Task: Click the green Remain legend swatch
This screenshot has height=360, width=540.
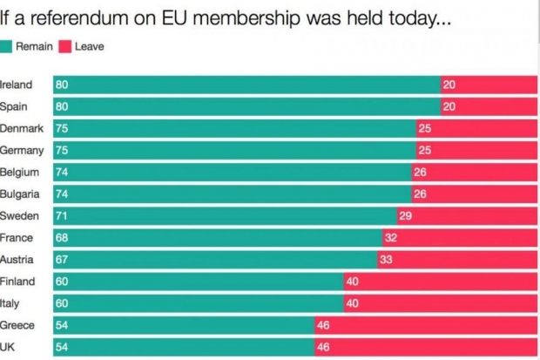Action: click(x=7, y=45)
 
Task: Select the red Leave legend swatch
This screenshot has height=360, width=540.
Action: click(x=65, y=45)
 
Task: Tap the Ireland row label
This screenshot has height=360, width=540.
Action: click(x=17, y=85)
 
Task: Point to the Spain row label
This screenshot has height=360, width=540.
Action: click(x=15, y=106)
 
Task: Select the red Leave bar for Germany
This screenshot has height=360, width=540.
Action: click(x=477, y=150)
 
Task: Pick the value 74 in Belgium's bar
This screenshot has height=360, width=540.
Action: click(x=62, y=172)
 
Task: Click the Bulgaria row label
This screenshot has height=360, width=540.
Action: click(x=20, y=194)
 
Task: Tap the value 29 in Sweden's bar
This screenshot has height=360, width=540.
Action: click(x=405, y=215)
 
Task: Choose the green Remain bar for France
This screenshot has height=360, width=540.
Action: click(x=217, y=237)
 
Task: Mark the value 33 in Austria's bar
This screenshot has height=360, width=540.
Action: click(x=386, y=259)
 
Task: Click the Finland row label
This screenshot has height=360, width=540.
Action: click(x=17, y=281)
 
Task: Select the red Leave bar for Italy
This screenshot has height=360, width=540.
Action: click(x=441, y=303)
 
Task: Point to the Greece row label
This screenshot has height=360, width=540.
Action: click(x=18, y=325)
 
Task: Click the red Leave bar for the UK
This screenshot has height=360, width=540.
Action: click(x=426, y=347)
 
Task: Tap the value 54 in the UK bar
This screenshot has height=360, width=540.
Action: click(x=62, y=347)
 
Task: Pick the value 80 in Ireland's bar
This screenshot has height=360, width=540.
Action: click(x=62, y=85)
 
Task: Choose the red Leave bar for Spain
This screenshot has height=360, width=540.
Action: click(x=489, y=106)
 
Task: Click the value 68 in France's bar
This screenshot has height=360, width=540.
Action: click(x=62, y=237)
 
